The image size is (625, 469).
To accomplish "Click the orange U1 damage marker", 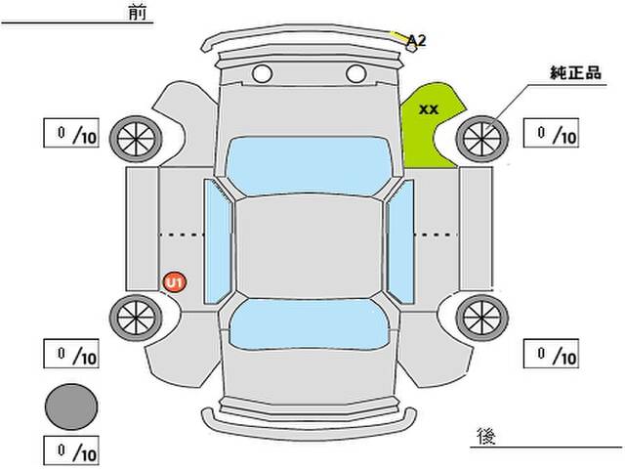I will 175,282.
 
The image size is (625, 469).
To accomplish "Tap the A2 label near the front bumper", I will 417,40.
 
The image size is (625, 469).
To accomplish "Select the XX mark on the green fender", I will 428,109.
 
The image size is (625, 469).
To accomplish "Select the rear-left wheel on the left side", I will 133,315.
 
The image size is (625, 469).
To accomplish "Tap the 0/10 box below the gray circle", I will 71,451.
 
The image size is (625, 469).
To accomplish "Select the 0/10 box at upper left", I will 71,134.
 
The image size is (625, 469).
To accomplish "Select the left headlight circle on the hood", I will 262,72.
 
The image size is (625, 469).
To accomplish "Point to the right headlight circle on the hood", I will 354,72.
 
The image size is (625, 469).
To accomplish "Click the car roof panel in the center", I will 308,244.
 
